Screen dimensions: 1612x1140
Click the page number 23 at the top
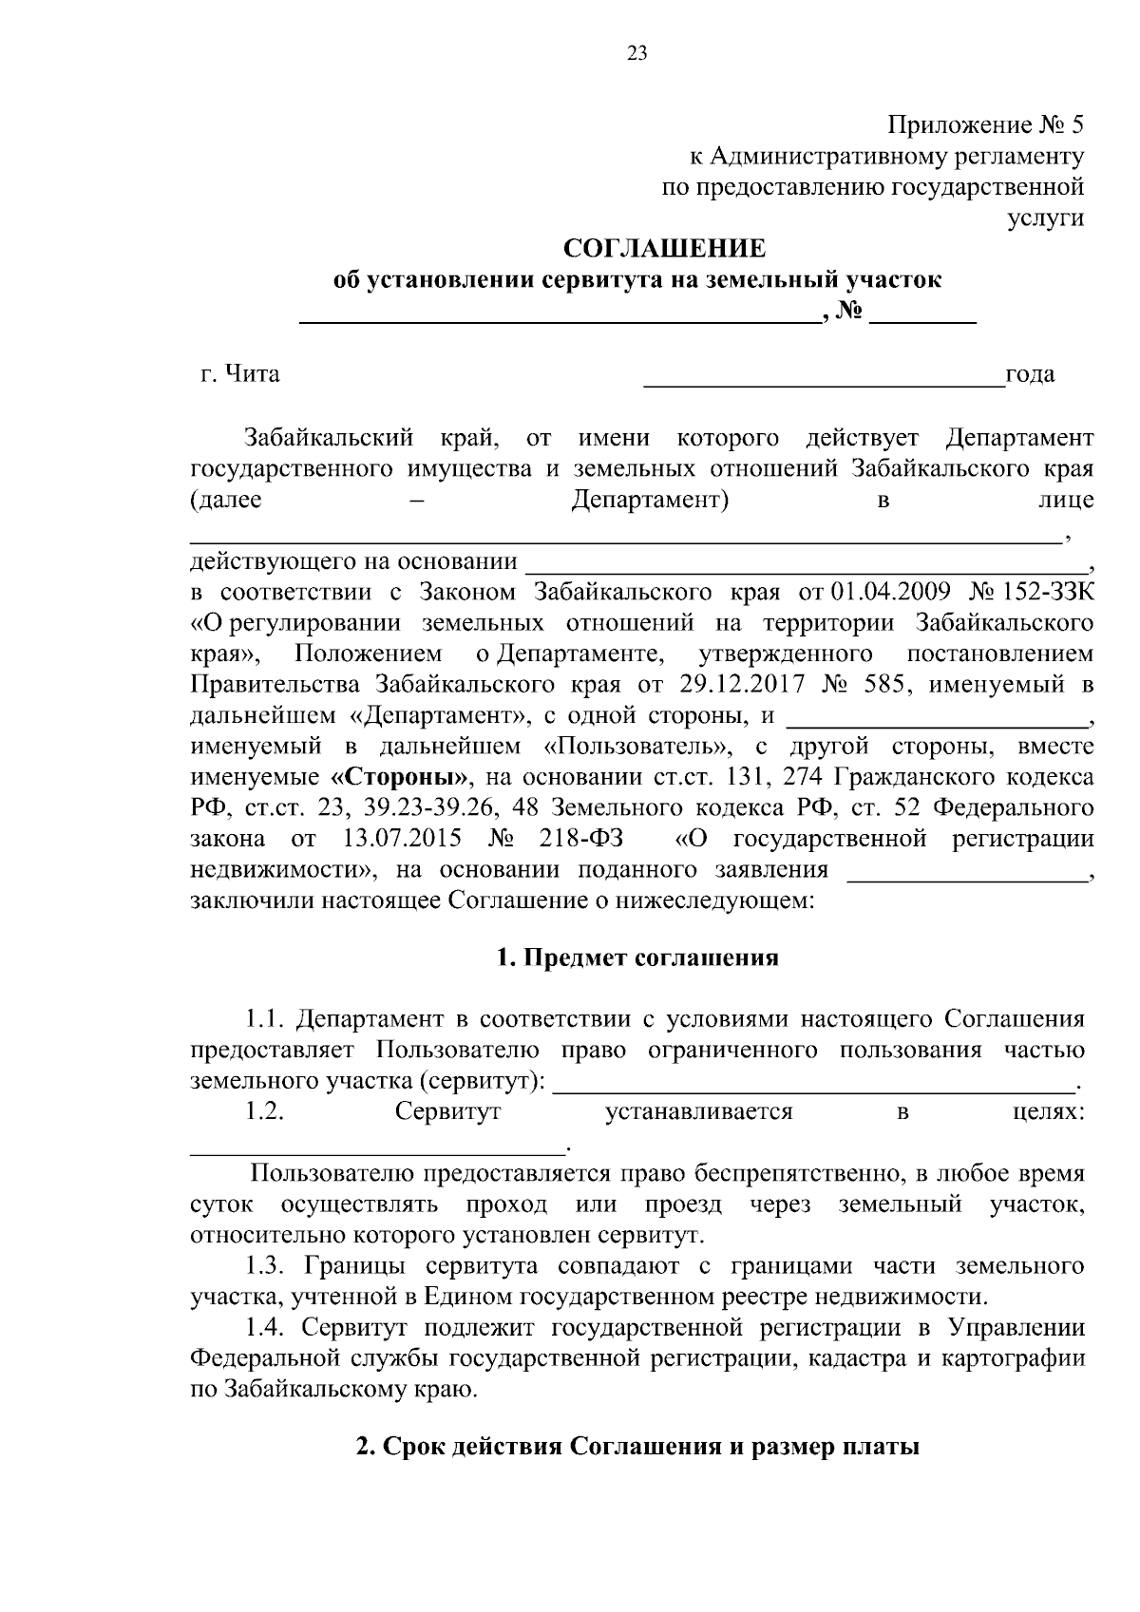tap(636, 54)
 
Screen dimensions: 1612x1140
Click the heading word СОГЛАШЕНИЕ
tap(664, 249)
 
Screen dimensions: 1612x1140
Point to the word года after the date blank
tap(1030, 374)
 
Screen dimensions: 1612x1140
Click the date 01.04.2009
tap(890, 593)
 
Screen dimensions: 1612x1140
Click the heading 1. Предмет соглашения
tap(637, 958)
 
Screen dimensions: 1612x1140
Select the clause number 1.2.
tap(265, 1111)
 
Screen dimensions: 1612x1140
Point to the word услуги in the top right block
tap(1045, 218)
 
